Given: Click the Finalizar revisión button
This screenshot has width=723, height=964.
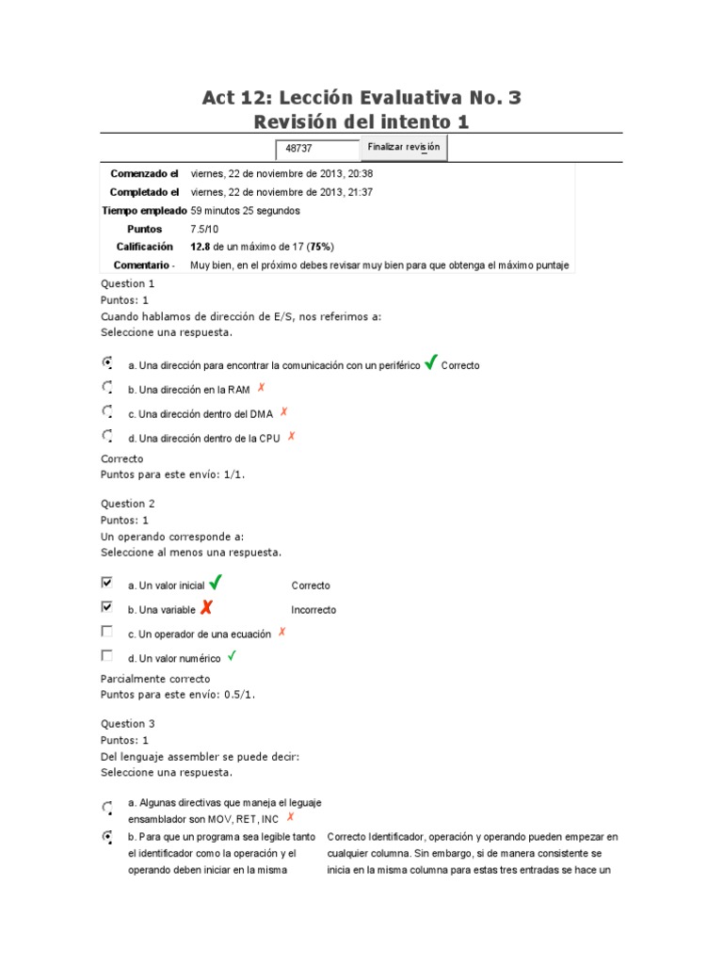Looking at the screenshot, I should coord(404,148).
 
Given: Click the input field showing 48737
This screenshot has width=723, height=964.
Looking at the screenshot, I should coord(317,150).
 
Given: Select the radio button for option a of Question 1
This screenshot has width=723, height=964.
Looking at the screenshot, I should coord(107,362).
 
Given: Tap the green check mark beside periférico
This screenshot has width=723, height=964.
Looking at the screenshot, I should coord(430,362).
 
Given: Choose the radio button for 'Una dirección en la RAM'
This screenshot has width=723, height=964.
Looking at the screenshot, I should coord(107,387).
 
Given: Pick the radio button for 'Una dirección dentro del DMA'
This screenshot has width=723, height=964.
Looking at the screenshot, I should coord(107,411).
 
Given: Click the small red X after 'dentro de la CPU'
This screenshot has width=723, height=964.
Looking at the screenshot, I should coord(292,436).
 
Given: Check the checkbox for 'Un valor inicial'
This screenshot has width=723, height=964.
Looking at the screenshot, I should coord(107,583).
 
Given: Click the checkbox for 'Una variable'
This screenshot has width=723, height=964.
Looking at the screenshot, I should coord(107,607).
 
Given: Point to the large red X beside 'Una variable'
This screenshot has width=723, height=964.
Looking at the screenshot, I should coord(206,607).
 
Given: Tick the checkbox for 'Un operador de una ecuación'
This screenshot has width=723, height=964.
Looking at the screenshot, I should coord(107,632).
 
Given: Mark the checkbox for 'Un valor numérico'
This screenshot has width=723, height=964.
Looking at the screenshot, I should coord(107,656).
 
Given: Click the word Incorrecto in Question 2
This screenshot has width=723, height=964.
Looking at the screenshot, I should coord(313,610).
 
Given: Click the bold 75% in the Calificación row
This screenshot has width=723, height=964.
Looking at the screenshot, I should coord(321,247).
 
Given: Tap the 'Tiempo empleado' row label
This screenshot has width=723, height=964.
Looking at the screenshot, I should coord(144,211).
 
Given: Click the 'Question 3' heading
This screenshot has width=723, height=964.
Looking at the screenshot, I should coord(128,724).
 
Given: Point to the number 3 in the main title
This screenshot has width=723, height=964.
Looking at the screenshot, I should coord(513,98).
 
